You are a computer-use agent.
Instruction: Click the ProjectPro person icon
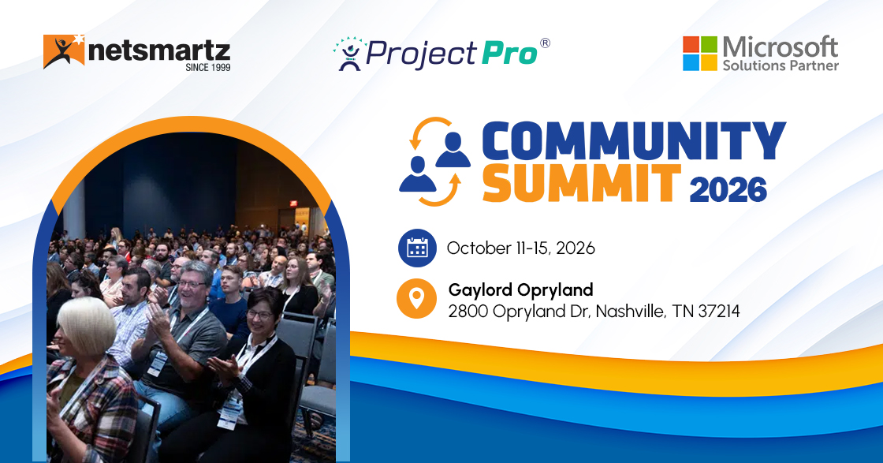pyautogui.click(x=348, y=54)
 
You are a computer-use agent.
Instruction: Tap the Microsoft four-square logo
pyautogui.click(x=699, y=54)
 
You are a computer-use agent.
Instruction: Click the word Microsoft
pyautogui.click(x=781, y=46)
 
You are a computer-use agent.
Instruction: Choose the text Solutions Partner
pyautogui.click(x=781, y=65)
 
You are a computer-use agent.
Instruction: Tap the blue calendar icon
pyautogui.click(x=417, y=248)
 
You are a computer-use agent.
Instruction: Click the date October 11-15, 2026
pyautogui.click(x=520, y=248)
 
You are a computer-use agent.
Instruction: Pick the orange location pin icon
pyautogui.click(x=417, y=299)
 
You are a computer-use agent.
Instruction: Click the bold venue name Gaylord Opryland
pyautogui.click(x=520, y=289)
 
